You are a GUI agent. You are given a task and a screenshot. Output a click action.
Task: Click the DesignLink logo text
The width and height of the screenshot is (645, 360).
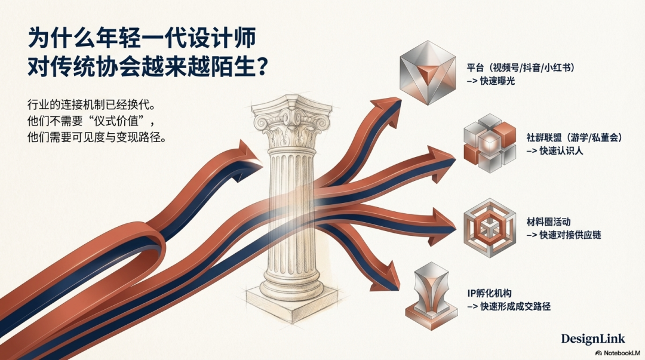tap(592, 339)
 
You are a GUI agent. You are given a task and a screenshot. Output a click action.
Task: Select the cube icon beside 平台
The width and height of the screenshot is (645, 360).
tap(426, 73)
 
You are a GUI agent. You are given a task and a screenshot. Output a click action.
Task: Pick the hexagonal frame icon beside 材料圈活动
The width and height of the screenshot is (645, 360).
tap(488, 227)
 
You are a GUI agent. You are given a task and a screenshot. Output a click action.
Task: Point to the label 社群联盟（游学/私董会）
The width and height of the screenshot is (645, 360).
tap(575, 138)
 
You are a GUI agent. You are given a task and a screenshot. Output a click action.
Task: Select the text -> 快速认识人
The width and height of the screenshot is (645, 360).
tap(555, 151)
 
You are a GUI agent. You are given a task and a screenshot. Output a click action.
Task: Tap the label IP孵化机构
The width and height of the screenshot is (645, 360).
tap(489, 294)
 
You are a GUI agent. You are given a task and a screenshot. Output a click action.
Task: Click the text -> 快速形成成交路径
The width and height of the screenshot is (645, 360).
tap(508, 307)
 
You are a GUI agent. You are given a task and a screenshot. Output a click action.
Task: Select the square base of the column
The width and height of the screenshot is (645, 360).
tap(291, 298)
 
